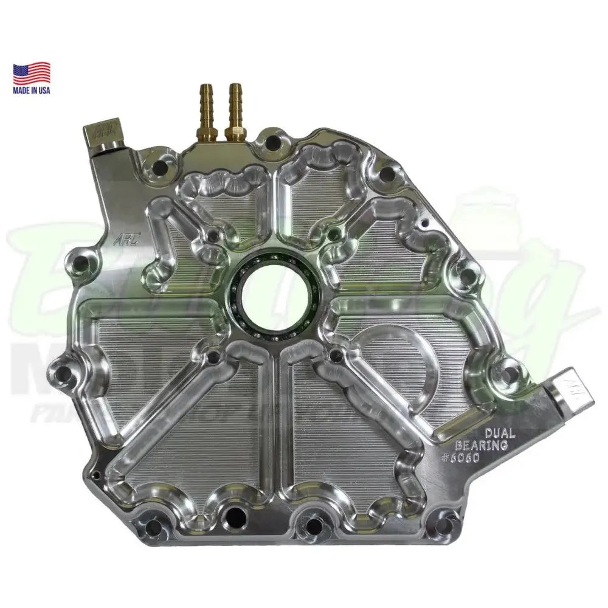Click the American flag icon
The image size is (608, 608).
coord(32,72)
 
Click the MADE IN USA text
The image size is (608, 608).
coord(32,90)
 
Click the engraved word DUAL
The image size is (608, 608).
coord(500,434)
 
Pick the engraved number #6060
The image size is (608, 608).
coord(463,458)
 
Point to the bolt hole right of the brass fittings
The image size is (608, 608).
coord(273,143)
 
